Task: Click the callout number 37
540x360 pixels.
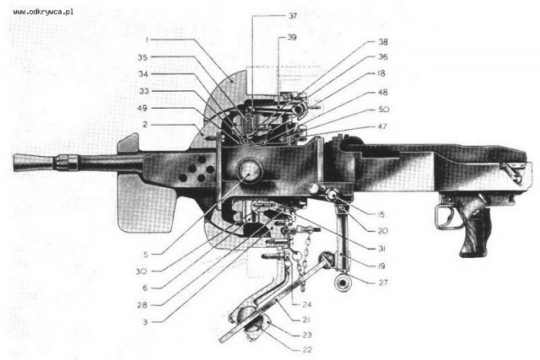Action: [x=293, y=16]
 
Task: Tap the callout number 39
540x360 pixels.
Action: [x=292, y=37]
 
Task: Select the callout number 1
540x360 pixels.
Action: [x=147, y=40]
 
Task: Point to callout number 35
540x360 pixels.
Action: [x=143, y=57]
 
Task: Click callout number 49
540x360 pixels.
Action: [x=143, y=109]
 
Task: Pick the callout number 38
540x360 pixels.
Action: [x=383, y=42]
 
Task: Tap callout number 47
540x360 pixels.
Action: [x=382, y=126]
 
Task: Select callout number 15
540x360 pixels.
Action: [x=381, y=215]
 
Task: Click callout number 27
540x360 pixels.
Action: [x=383, y=282]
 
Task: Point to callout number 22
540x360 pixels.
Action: [x=307, y=350]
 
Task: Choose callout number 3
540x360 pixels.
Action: [x=145, y=322]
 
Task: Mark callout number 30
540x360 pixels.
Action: [x=141, y=271]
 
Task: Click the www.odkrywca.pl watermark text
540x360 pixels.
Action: [x=43, y=12]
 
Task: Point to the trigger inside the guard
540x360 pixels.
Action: [x=451, y=214]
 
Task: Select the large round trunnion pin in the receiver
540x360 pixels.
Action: [x=250, y=170]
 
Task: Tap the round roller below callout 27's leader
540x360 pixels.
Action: [x=343, y=283]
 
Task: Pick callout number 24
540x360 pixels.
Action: [x=306, y=304]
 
